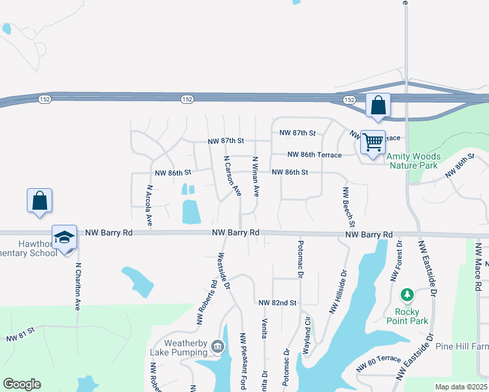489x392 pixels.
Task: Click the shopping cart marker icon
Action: [x=373, y=141]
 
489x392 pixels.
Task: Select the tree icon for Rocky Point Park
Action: [x=408, y=296]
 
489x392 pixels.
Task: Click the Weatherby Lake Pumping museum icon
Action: [x=217, y=347]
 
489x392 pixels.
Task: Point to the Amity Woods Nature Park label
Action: [x=413, y=161]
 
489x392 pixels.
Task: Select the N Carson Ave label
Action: [x=233, y=176]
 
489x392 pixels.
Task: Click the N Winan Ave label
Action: [x=256, y=176]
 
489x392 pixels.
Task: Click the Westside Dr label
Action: [x=224, y=271]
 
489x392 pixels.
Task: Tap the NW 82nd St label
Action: [x=277, y=303]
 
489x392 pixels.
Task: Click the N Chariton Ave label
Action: [x=77, y=286]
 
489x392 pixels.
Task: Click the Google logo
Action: [x=22, y=384]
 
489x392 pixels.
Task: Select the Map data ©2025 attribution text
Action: [x=461, y=387]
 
